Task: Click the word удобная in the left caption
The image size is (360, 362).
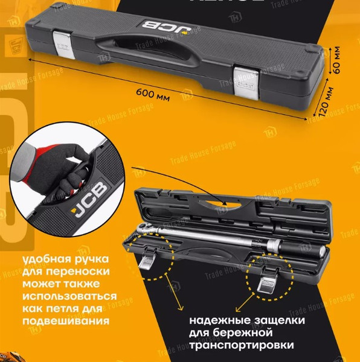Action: point(43,261)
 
